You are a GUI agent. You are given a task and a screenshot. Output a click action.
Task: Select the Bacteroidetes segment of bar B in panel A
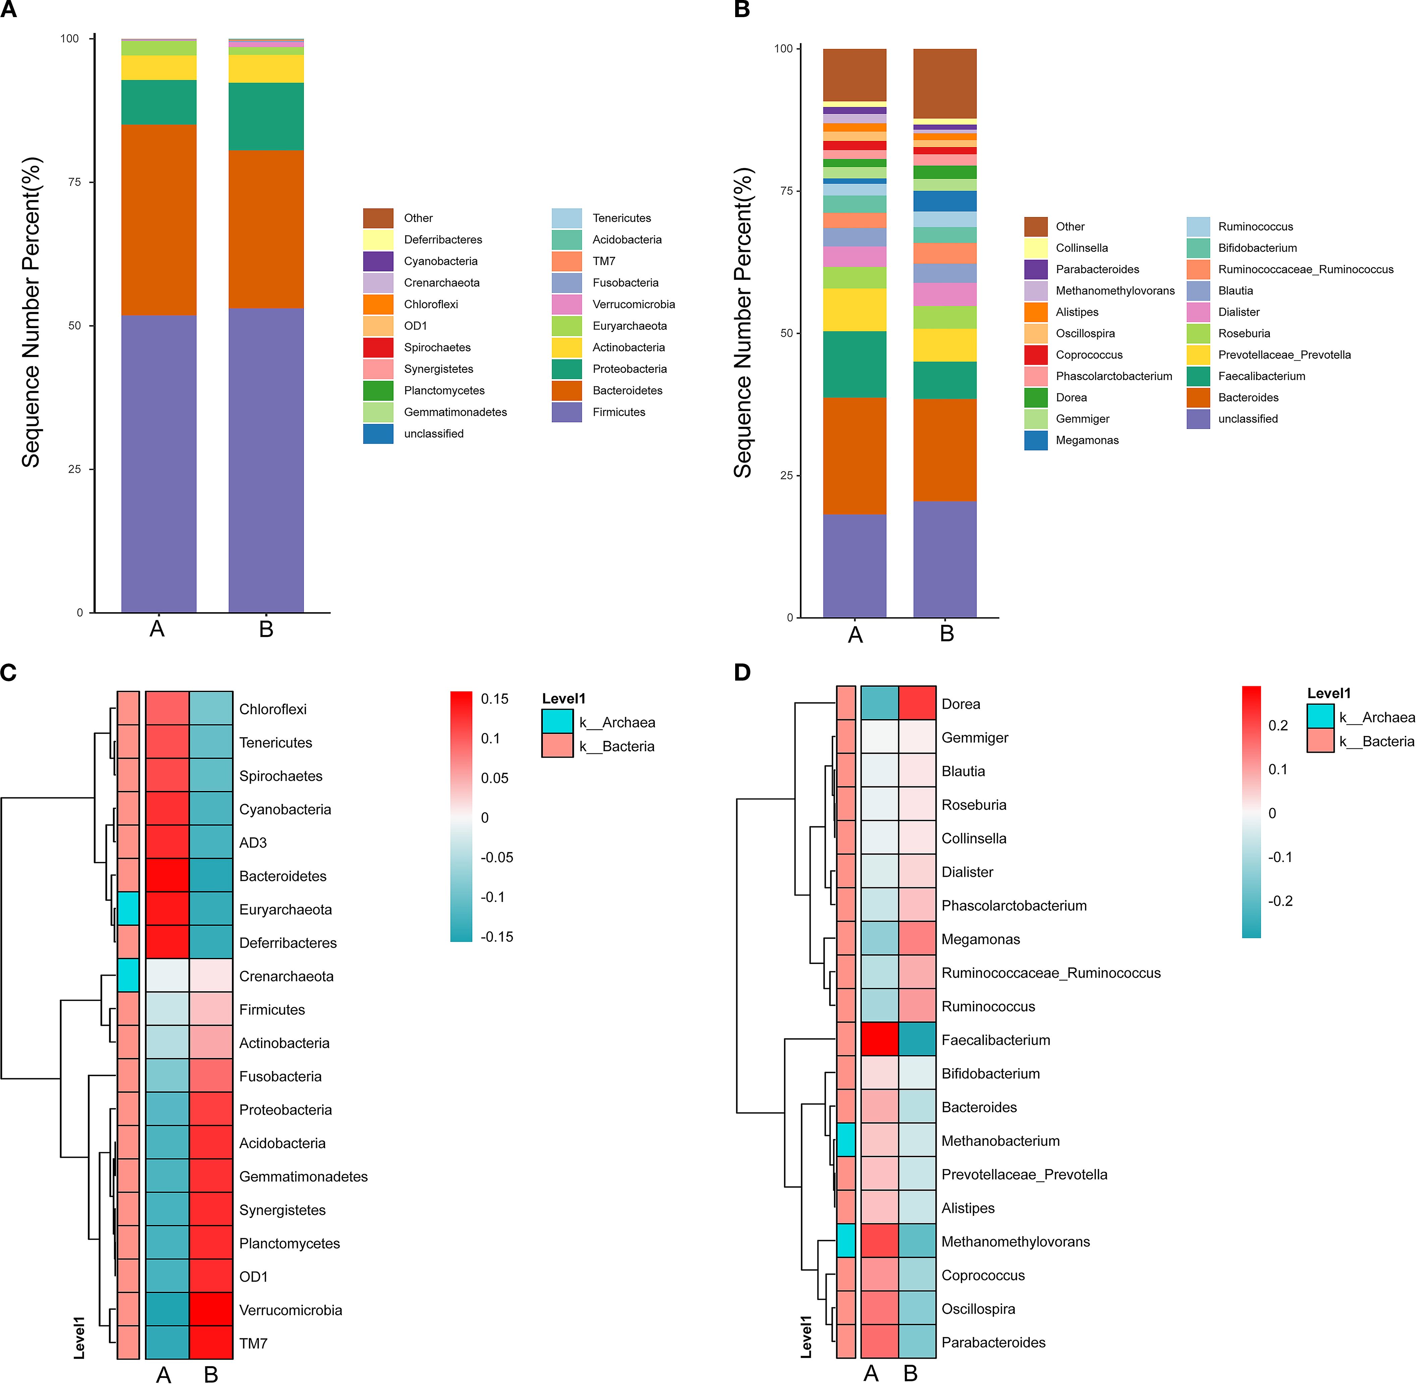(266, 229)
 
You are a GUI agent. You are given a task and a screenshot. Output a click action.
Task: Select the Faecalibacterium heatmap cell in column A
(879, 1040)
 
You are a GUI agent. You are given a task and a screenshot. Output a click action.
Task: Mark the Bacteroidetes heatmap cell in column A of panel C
(167, 876)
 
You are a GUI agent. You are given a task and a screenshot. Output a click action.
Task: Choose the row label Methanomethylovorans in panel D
(1015, 1241)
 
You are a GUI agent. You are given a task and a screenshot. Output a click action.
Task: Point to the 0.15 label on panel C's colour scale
(495, 699)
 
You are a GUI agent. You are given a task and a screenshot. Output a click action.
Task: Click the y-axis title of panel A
(31, 313)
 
